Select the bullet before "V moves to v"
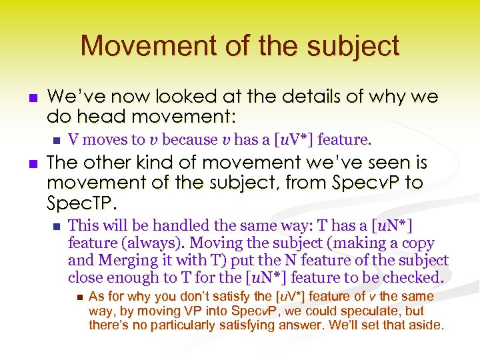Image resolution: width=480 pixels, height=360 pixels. click(55, 140)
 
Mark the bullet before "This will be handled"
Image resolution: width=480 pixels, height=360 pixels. click(55, 226)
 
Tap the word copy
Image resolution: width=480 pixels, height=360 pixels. click(419, 243)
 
